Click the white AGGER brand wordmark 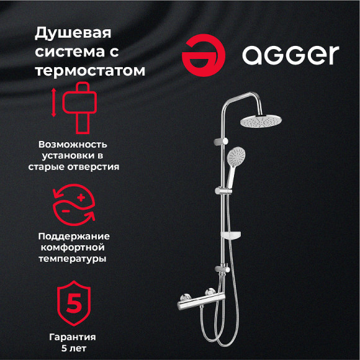tap(290, 55)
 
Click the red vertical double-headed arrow tap(54, 103)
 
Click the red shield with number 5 tap(74, 304)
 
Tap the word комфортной tap(74, 248)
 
